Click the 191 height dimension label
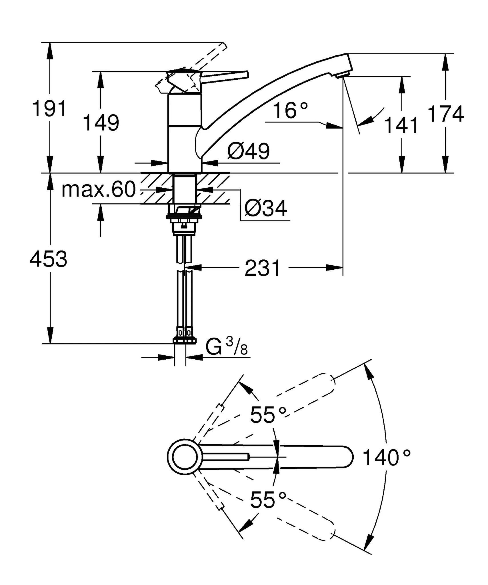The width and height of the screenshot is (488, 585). point(49,109)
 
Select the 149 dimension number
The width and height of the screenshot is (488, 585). point(101,123)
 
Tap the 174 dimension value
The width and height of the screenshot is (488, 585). point(445,114)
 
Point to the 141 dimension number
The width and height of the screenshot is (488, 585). point(401,126)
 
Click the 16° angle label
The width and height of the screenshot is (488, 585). point(290,111)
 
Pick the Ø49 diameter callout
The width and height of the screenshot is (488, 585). point(248,151)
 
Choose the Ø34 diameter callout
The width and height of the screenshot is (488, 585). point(265,208)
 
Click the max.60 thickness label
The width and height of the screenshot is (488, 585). point(99,189)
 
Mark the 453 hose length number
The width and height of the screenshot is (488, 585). point(49,259)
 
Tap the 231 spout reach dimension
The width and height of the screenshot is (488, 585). point(263,268)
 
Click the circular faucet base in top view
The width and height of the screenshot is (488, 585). point(185,457)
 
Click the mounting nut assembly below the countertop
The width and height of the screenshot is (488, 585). point(184,219)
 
